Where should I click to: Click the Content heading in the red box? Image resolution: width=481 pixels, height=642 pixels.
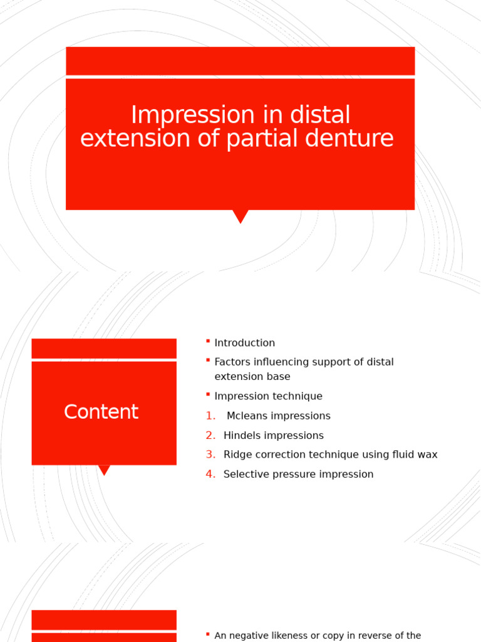pos(101,412)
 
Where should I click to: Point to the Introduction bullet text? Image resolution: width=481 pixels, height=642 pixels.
pos(244,343)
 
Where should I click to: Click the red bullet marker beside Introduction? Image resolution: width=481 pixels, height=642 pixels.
pos(207,340)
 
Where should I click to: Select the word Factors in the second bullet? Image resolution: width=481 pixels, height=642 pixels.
pos(233,362)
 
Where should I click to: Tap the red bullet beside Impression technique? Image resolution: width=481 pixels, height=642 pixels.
pos(207,394)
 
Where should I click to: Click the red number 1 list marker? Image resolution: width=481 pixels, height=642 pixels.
pos(210,416)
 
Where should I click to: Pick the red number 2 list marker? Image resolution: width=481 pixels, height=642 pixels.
pos(210,436)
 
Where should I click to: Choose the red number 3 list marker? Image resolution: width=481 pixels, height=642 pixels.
pos(210,455)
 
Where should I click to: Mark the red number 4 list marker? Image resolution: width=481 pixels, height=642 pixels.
pos(210,474)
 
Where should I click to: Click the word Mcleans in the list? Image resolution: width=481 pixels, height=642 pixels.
pos(247,416)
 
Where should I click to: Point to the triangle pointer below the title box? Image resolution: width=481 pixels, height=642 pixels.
pos(240,216)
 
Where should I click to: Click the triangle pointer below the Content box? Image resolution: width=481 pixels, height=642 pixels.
pos(105,470)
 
